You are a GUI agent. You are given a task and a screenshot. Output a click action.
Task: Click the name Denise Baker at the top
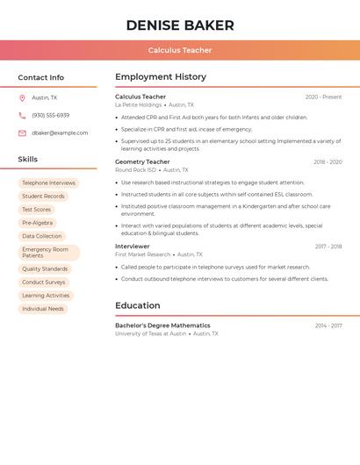coord(180,25)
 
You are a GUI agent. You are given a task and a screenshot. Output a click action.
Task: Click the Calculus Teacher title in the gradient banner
coord(180,50)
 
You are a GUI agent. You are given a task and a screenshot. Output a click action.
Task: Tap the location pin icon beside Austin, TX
coord(22,98)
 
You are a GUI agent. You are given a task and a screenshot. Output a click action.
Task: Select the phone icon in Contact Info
coord(22,116)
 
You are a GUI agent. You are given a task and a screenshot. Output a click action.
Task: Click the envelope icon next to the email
coord(22,133)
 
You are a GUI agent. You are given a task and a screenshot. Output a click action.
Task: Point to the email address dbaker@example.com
coord(60,133)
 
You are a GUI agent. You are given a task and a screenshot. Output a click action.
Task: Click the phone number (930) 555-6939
coord(50,116)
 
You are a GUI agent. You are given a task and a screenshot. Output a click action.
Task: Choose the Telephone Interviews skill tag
coord(48,183)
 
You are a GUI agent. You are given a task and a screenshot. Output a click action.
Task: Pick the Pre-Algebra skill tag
coord(37,223)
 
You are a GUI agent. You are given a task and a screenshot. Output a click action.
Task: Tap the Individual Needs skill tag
coord(43,309)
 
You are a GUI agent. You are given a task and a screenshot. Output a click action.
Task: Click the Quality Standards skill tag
coord(45,269)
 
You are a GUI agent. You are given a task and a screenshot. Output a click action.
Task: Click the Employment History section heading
coord(161,77)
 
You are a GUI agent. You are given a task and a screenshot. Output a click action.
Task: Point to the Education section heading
coord(138,305)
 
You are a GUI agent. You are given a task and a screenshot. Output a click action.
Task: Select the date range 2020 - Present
coord(323,97)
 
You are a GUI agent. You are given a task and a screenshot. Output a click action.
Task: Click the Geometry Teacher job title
coord(142,162)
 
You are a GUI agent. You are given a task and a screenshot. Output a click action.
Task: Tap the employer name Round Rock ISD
coord(135,170)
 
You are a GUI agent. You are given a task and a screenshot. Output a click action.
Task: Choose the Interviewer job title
coord(133,247)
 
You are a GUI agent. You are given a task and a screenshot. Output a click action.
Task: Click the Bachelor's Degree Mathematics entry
coord(162,325)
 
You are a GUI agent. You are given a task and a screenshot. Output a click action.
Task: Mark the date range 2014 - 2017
coord(328,326)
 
